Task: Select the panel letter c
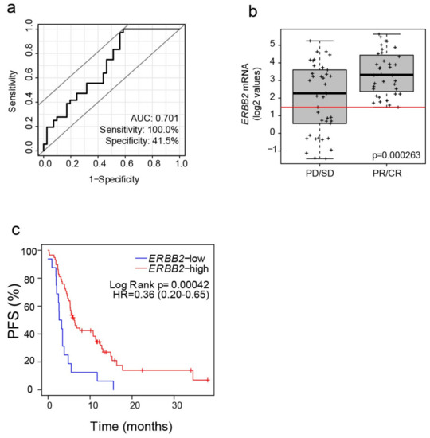coord(10,233)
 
